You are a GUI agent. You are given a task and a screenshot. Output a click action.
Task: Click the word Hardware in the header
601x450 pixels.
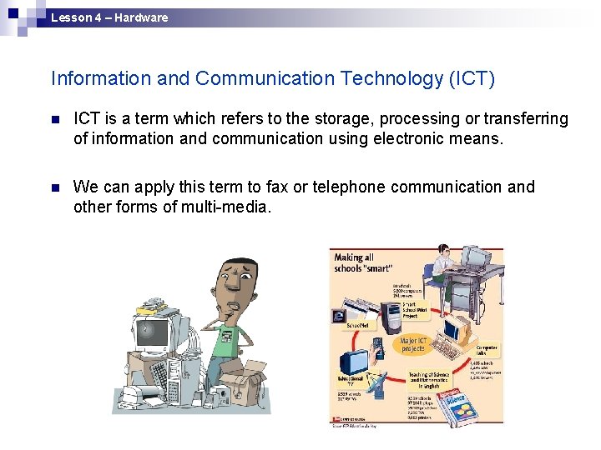click(141, 17)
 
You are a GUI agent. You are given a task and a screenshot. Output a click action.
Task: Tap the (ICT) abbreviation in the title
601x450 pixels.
click(472, 79)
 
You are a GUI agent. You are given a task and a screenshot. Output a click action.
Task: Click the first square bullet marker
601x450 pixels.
click(56, 120)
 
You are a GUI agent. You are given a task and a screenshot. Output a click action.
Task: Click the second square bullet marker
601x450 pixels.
click(56, 188)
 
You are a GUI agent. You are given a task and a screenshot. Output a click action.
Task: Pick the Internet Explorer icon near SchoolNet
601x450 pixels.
click(339, 316)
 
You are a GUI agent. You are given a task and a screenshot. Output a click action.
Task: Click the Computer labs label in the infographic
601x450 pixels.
click(487, 350)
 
